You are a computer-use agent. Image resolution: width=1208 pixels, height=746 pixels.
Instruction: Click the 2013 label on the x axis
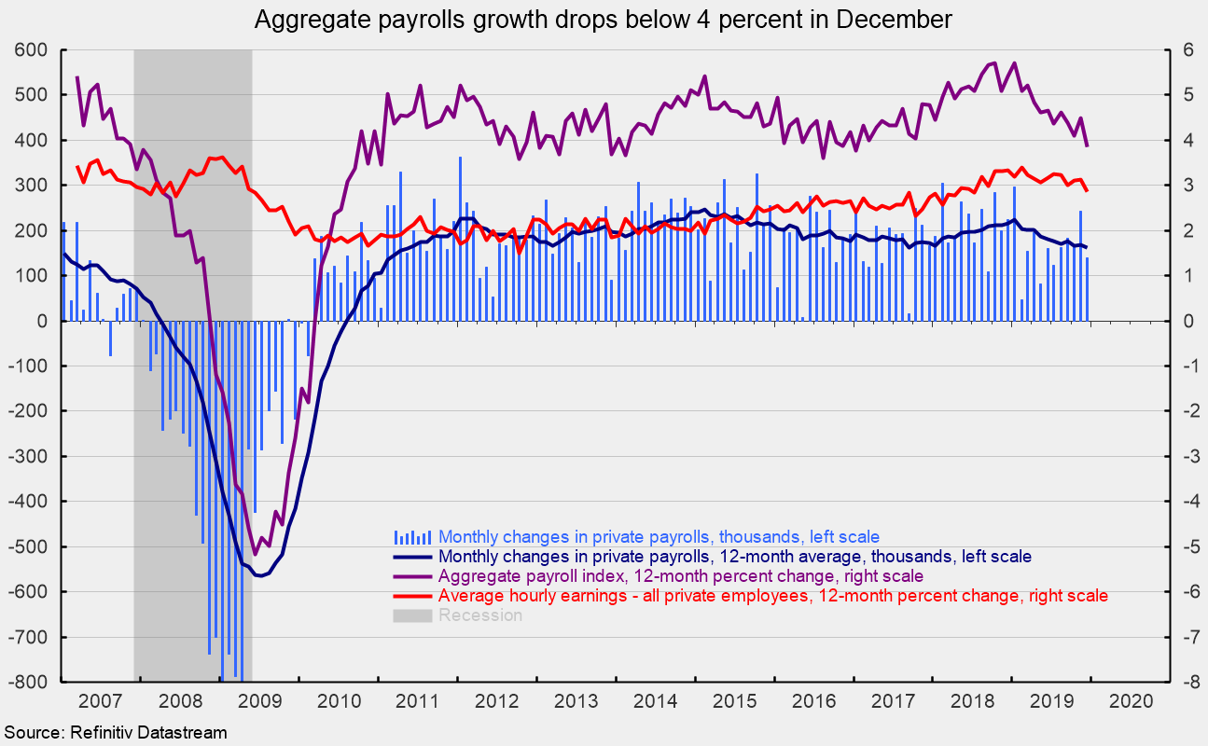click(x=575, y=699)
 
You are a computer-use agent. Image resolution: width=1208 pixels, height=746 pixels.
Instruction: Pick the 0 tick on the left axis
click(x=47, y=321)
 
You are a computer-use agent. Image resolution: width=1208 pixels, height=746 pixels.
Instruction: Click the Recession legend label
click(x=480, y=615)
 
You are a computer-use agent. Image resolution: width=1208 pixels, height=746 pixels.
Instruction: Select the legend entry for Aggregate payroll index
click(x=681, y=576)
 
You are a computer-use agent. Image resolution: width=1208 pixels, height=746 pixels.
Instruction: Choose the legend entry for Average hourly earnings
click(x=773, y=596)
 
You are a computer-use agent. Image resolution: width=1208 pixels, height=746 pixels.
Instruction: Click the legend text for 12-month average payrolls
click(x=735, y=557)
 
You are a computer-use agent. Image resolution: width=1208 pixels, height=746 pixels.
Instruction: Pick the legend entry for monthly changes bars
click(x=659, y=537)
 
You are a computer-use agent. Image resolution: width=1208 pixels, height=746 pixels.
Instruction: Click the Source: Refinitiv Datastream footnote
click(x=115, y=732)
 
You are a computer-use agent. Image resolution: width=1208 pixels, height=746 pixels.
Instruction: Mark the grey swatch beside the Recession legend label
click(x=412, y=615)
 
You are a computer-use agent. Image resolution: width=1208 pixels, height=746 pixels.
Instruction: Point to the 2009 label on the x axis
click(x=262, y=699)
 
